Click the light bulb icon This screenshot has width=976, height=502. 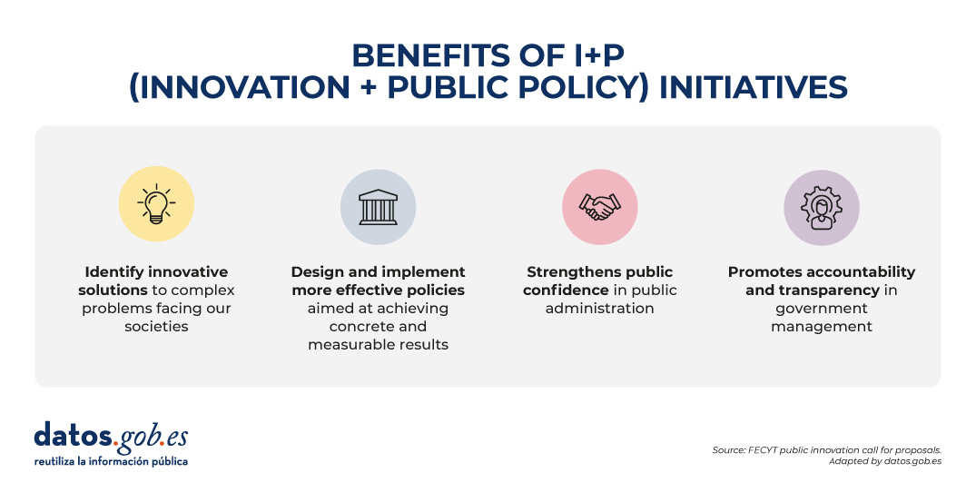(x=156, y=204)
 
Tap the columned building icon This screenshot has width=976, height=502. (x=378, y=207)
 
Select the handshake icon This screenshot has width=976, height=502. (x=599, y=207)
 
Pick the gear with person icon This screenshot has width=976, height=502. (x=821, y=208)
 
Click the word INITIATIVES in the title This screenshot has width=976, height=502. (x=754, y=87)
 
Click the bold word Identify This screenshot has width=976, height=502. (x=114, y=272)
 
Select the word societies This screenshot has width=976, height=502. (x=156, y=327)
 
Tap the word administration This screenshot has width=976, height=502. (x=599, y=309)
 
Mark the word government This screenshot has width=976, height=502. (x=822, y=310)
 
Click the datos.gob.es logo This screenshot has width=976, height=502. (x=111, y=437)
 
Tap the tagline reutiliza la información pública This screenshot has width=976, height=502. (x=111, y=461)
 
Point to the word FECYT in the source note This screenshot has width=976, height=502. (x=763, y=449)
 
